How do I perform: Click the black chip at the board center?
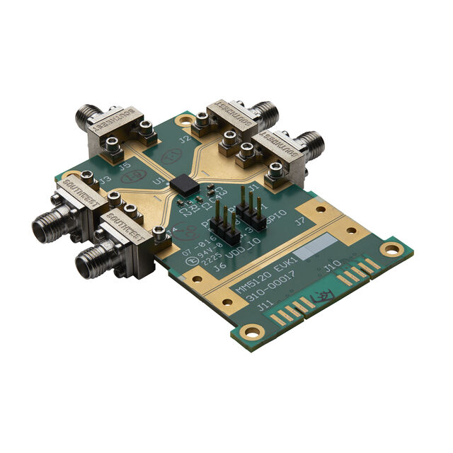[186, 184]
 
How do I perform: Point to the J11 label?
[266, 307]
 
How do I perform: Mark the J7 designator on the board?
[300, 221]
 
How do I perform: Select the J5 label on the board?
[125, 168]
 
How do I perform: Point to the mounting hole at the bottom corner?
[249, 331]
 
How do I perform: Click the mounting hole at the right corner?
[390, 248]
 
